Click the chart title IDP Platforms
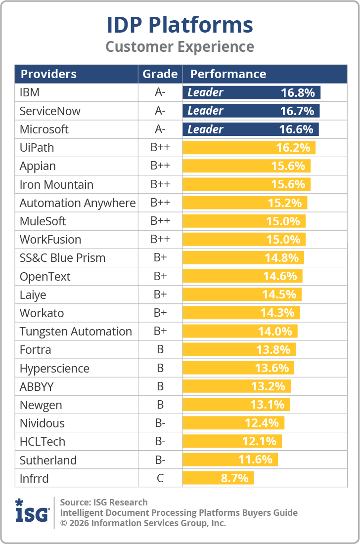coord(180,25)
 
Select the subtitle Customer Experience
coord(180,47)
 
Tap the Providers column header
coord(48,74)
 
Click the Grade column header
coord(160,74)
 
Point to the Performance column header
coord(228,74)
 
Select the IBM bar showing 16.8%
coord(251,92)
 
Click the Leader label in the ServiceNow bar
coord(205,111)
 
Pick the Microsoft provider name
coord(44,129)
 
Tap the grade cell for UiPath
coord(160,148)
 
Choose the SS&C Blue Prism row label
coord(62,258)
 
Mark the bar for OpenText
coord(242,276)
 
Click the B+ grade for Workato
coord(160,313)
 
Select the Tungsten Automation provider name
coord(76,332)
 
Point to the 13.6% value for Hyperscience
coord(272,368)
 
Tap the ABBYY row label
coord(37,386)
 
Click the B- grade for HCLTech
coord(160,441)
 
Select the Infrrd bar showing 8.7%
coord(218,478)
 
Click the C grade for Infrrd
coord(160,478)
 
